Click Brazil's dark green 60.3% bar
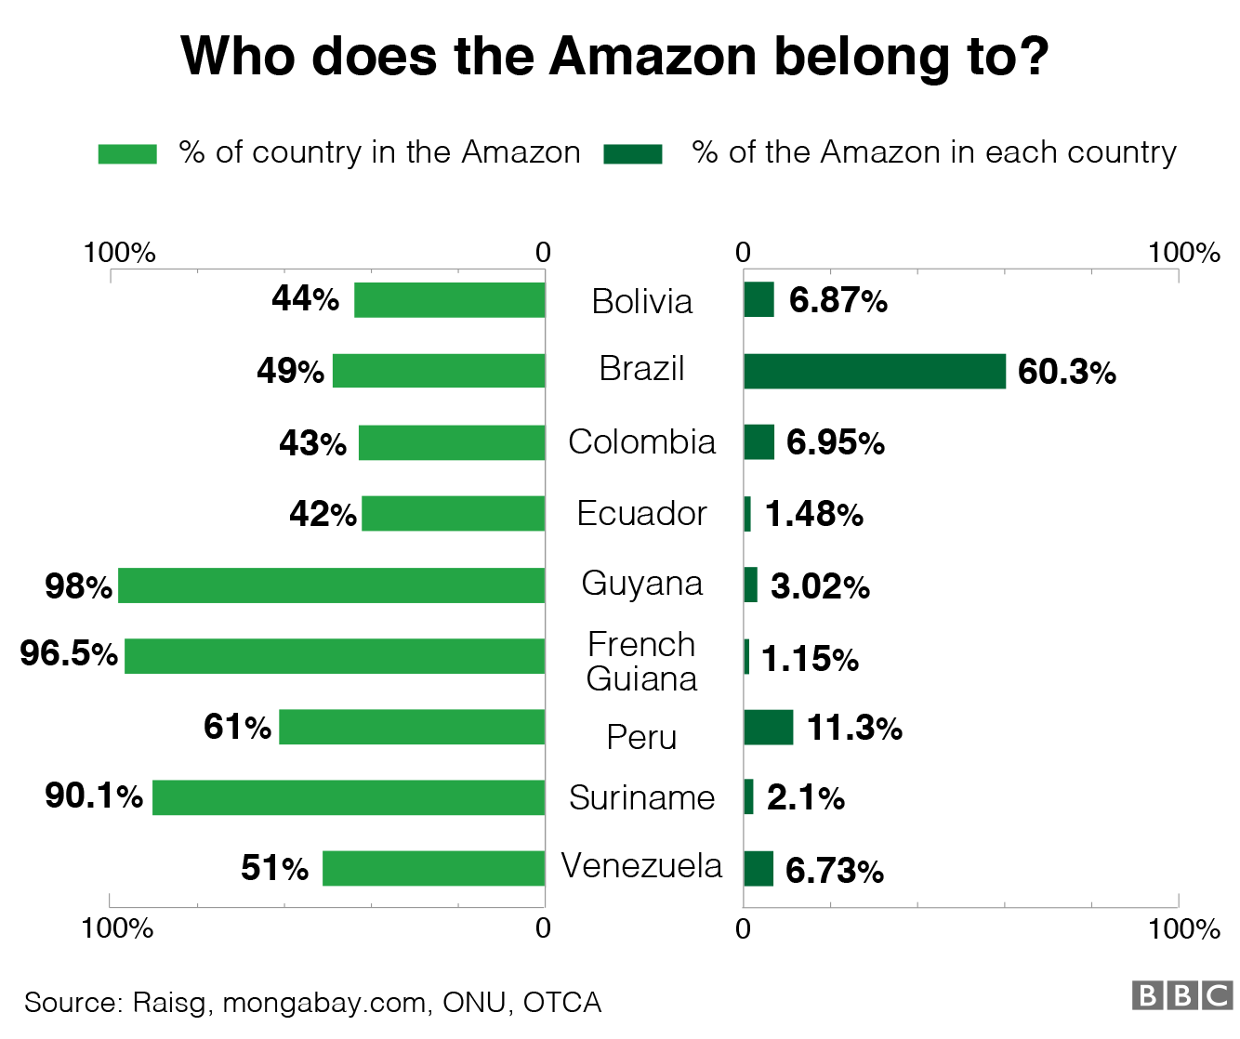[874, 371]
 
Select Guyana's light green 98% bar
[331, 585]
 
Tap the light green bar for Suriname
[349, 797]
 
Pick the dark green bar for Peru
[768, 727]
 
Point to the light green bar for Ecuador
[453, 513]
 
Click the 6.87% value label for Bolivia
[838, 300]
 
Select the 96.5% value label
[69, 653]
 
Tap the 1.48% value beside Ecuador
[813, 514]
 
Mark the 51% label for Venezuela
[274, 868]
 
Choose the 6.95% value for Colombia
[835, 442]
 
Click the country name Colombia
[641, 442]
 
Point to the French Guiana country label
[641, 662]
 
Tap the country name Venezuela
[641, 866]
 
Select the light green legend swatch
[127, 153]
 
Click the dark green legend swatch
[632, 153]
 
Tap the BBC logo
[1181, 995]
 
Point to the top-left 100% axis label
[119, 253]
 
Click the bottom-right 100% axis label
[1183, 928]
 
